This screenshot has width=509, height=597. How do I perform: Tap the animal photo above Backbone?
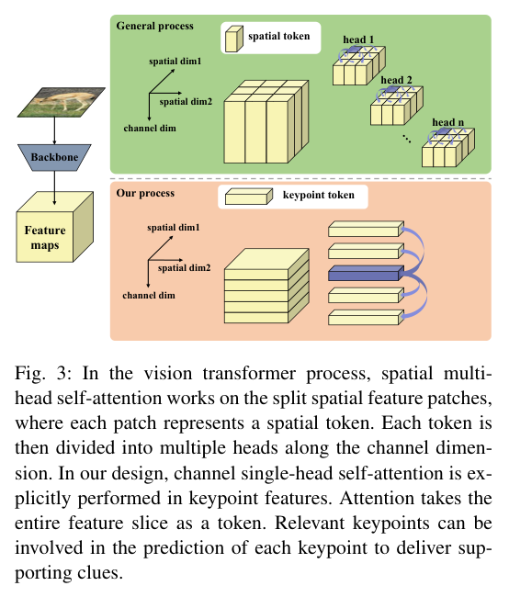(54, 100)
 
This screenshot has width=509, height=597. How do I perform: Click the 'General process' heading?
(152, 25)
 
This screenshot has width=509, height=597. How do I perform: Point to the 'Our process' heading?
(145, 194)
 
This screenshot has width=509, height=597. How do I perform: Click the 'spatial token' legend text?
(278, 38)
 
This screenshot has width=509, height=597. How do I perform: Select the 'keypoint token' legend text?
(317, 196)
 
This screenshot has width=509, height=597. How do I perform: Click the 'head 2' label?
(396, 80)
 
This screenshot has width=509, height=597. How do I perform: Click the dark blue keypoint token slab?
(365, 273)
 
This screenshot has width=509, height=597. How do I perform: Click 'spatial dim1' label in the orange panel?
(175, 227)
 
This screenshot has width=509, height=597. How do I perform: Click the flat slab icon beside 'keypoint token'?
(249, 197)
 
